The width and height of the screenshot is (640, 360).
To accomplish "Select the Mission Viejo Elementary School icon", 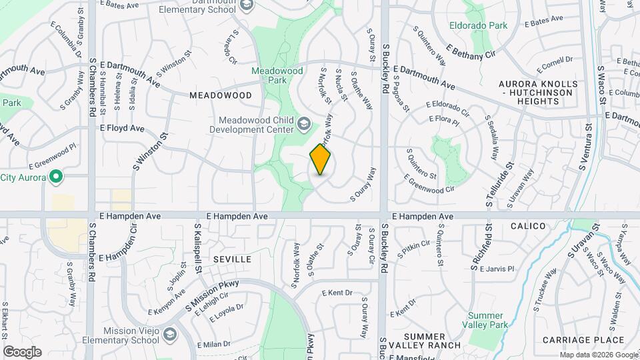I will (x=170, y=333).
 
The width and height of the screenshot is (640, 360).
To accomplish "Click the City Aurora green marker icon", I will (x=57, y=177).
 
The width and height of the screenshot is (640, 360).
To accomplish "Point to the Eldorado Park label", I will (x=478, y=26).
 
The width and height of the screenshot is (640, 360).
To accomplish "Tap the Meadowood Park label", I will (x=273, y=75).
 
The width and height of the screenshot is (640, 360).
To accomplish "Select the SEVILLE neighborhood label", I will (x=233, y=259).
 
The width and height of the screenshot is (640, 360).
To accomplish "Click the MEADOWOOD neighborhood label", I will (x=221, y=95).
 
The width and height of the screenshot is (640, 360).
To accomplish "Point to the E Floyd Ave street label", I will (x=122, y=128).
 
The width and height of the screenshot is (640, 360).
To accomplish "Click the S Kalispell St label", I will (x=197, y=253).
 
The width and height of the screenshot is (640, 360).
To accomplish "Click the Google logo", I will (x=21, y=351).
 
